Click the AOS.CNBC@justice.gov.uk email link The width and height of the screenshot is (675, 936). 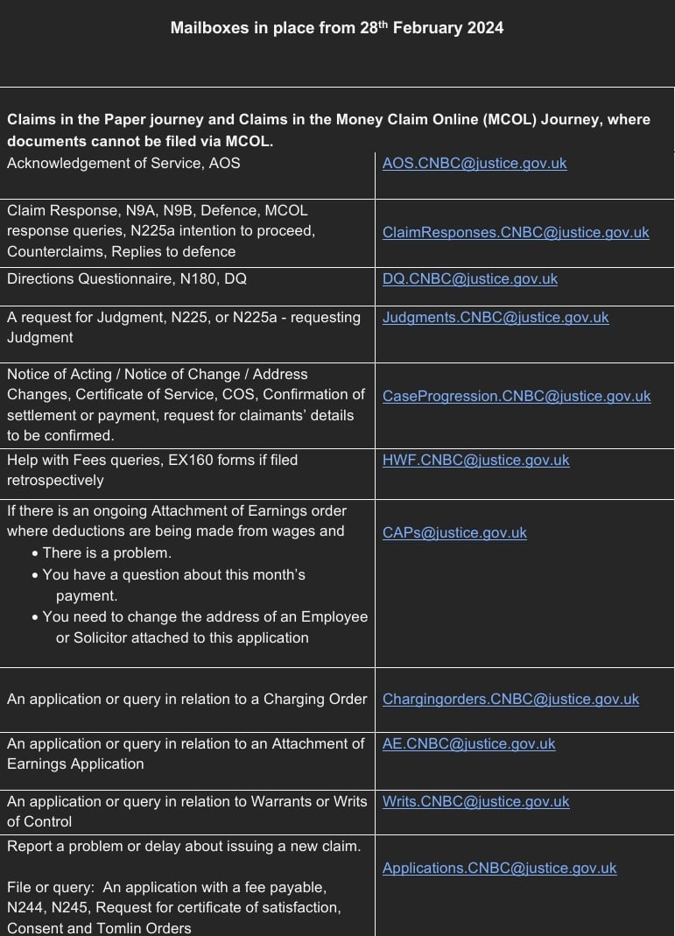point(475,163)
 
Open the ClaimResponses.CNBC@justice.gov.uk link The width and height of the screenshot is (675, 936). point(516,232)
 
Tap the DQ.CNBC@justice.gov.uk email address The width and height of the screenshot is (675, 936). point(469,279)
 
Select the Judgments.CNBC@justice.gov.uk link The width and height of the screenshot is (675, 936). point(496,317)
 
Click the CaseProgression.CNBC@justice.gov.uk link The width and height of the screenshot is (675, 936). point(517,396)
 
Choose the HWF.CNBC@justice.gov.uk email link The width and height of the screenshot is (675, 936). point(475,460)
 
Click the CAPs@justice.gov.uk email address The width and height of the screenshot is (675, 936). point(454,532)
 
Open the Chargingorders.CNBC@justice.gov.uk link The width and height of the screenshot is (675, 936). point(510,699)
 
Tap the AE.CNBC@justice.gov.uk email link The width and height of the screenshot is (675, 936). point(468,743)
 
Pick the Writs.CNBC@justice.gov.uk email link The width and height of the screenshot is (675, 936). point(475,801)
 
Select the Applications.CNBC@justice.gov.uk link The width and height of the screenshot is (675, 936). point(499,868)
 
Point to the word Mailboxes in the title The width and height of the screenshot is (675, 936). point(207,28)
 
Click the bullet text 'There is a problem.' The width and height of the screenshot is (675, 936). point(107,553)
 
